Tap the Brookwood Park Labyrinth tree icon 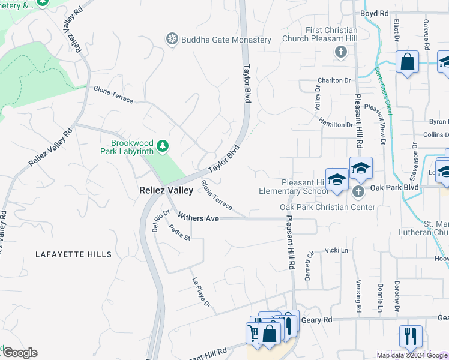(162, 146)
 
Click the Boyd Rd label (375, 13)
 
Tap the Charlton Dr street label (334, 80)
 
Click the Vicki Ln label (336, 250)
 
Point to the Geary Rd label (319, 320)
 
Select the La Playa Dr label (200, 292)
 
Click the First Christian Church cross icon (340, 52)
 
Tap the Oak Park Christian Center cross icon (358, 192)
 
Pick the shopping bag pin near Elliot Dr (407, 61)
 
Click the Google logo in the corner (20, 353)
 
